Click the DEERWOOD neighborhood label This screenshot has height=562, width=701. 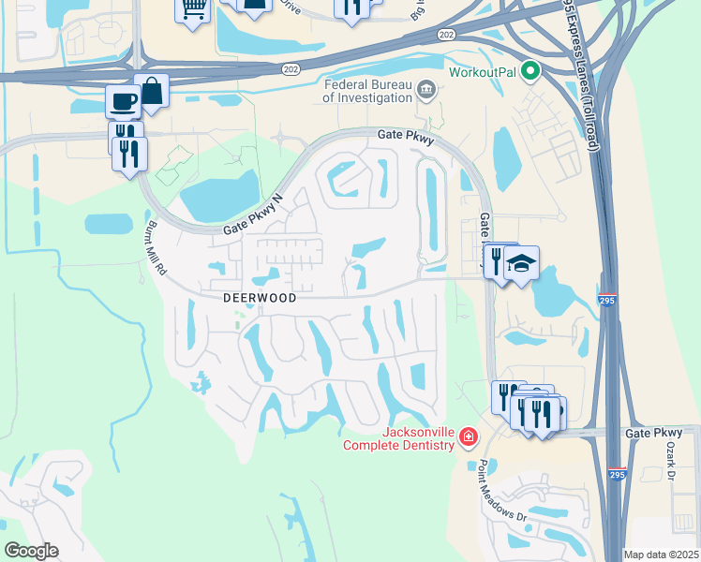[x=260, y=298]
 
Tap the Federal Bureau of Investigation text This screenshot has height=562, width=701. [x=368, y=90]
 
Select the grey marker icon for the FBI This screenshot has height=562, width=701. [x=427, y=90]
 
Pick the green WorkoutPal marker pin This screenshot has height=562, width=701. [x=530, y=71]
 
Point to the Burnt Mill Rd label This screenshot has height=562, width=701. [x=155, y=251]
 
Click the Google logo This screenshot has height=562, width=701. [x=31, y=551]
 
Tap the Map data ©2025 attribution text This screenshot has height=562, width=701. [x=661, y=555]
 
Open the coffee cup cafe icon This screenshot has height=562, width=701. [x=124, y=100]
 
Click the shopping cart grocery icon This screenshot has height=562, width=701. [x=193, y=10]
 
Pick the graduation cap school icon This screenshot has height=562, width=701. [x=522, y=262]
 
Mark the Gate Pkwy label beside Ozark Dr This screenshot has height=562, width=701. [x=653, y=433]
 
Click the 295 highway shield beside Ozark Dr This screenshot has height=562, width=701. [x=617, y=476]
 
